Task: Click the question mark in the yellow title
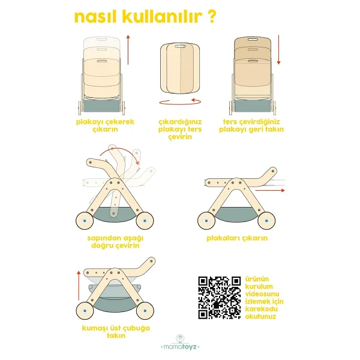(x=211, y=17)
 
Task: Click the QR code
(x=220, y=298)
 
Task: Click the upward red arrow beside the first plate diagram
(x=128, y=50)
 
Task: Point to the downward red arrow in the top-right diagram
(x=279, y=50)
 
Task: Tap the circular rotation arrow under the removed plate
(x=180, y=102)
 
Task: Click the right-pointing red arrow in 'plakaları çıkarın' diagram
(x=270, y=190)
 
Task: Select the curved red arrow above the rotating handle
(x=122, y=151)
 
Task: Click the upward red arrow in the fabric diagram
(x=79, y=286)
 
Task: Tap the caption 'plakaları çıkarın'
(x=237, y=238)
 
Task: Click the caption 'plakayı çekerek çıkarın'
(x=105, y=125)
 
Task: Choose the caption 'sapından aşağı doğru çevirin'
(x=115, y=242)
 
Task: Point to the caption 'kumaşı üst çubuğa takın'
(x=116, y=332)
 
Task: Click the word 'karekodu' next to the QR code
(x=261, y=309)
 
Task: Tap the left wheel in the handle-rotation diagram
(x=85, y=221)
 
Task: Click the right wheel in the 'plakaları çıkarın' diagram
(x=266, y=221)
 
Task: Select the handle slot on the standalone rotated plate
(x=180, y=47)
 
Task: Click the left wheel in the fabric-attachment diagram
(x=85, y=311)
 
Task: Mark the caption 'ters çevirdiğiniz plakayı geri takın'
(x=251, y=125)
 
